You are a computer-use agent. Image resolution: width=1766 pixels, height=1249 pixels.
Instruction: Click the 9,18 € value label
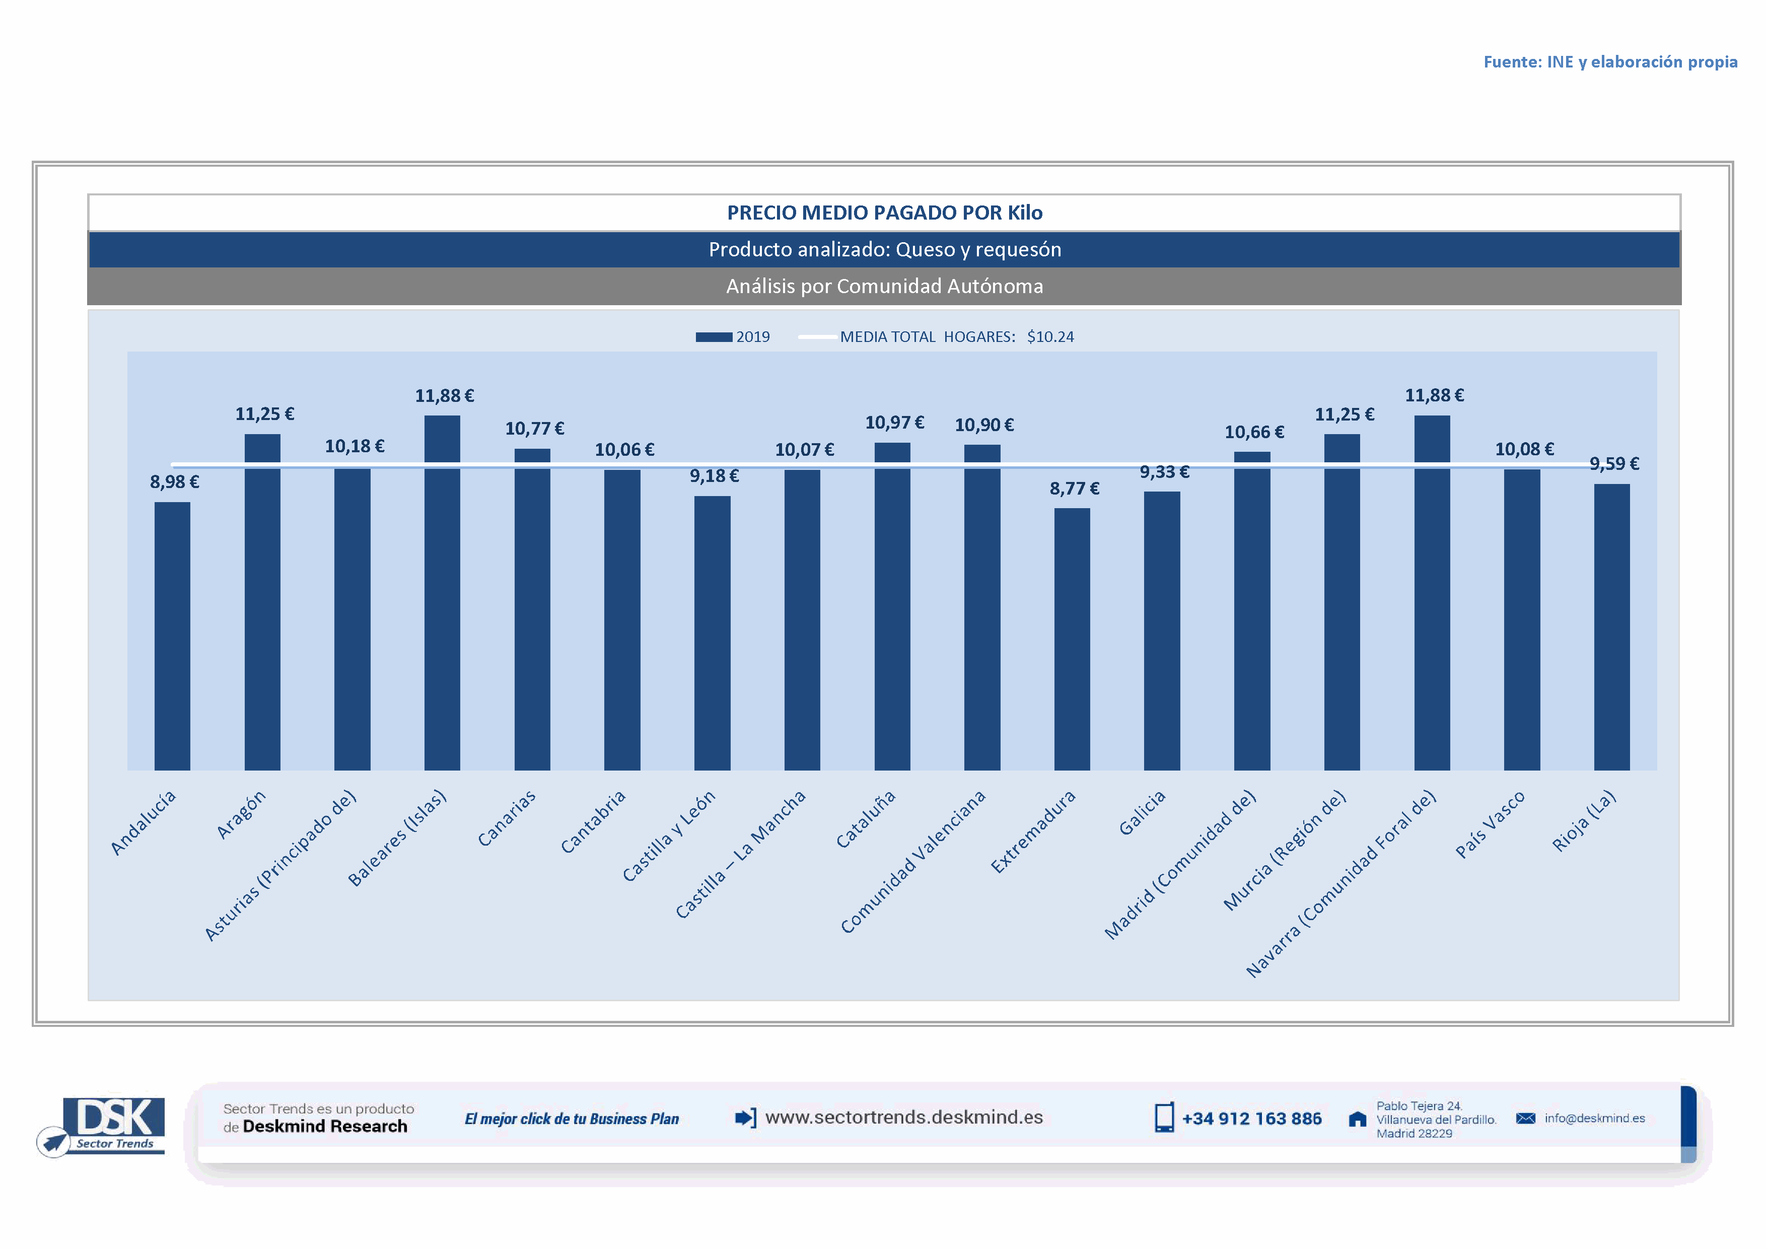(x=714, y=476)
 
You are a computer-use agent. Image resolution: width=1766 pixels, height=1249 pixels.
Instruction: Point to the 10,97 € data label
(x=894, y=423)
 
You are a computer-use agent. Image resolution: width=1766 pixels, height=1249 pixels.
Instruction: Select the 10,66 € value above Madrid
(x=1254, y=432)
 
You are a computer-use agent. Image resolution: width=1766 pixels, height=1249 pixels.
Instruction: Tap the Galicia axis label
(x=1142, y=813)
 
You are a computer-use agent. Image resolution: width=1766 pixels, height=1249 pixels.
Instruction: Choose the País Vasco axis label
(x=1490, y=824)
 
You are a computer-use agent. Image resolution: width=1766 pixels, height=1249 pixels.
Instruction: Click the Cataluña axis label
(x=866, y=820)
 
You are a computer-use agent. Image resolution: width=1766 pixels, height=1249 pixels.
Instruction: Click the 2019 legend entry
(x=733, y=337)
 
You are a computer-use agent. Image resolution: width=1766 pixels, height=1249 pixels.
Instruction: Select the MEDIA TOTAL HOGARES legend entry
(x=937, y=337)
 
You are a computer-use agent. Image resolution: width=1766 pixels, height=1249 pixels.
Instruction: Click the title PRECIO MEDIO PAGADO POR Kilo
(x=885, y=213)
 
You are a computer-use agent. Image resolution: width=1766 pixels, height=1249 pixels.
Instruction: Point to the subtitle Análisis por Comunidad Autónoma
(x=885, y=286)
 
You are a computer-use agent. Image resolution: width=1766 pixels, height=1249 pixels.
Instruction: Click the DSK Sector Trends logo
(x=102, y=1126)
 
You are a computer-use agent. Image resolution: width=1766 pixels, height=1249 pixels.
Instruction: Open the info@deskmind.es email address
(x=1594, y=1118)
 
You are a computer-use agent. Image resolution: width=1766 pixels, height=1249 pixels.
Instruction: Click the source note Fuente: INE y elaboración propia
(x=1610, y=62)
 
